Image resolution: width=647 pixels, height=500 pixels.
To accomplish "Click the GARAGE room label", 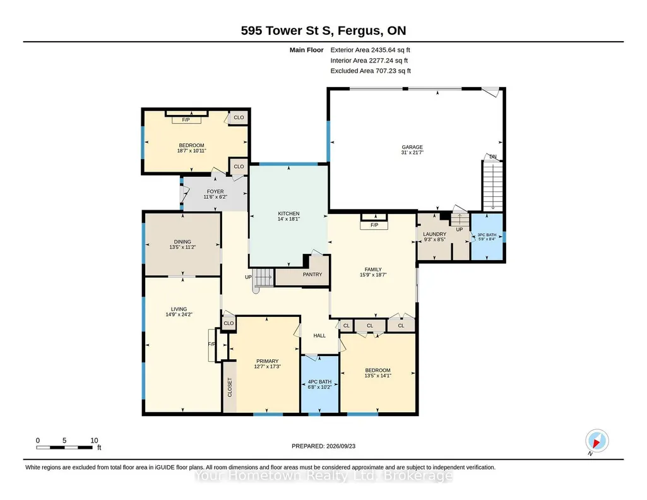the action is (x=412, y=147).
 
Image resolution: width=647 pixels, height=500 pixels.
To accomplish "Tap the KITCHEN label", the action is (x=288, y=213).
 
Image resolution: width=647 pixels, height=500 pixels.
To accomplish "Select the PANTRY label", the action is (x=312, y=275).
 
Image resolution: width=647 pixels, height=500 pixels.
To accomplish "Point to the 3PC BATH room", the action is (x=487, y=237).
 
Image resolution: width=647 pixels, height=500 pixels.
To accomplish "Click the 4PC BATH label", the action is (x=320, y=381).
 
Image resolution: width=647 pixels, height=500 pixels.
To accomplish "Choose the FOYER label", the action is (x=215, y=191).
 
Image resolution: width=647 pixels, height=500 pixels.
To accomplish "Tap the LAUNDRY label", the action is (x=434, y=234).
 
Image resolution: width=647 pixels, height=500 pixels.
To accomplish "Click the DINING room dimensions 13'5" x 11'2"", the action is (x=182, y=247).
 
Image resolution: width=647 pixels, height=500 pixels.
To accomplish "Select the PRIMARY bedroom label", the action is (x=268, y=361).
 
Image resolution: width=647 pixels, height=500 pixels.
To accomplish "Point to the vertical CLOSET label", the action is (x=230, y=388).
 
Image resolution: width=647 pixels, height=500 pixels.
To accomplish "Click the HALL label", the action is (x=319, y=335).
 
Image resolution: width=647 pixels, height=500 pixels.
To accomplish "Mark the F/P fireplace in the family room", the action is (x=374, y=225).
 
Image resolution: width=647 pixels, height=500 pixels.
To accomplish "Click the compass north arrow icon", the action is (x=597, y=441).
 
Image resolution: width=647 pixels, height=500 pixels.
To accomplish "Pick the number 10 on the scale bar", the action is (x=94, y=440).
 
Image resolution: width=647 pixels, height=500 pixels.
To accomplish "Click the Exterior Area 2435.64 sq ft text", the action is (x=370, y=50).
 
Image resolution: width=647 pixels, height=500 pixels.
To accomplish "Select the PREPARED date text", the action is (x=323, y=446).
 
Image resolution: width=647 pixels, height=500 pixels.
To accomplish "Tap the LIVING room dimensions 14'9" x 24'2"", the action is (x=179, y=314).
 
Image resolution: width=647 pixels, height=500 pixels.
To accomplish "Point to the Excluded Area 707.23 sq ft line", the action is (x=371, y=71).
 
